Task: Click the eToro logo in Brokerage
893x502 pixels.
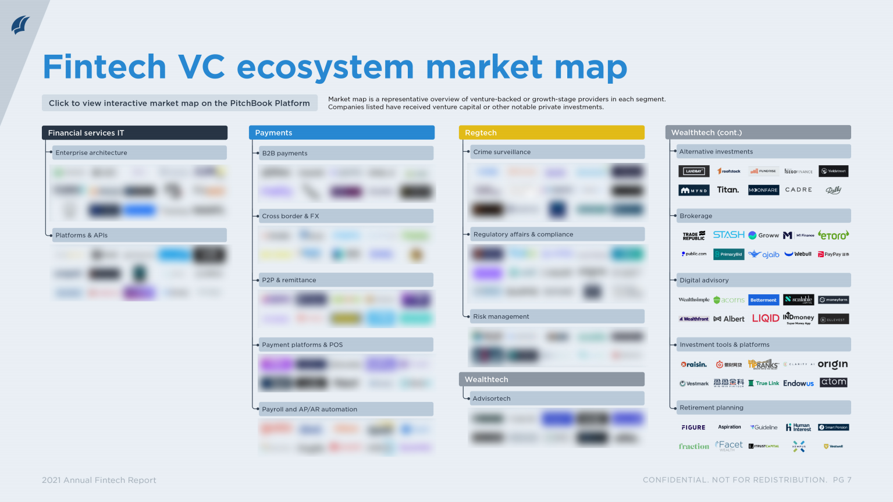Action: coord(833,235)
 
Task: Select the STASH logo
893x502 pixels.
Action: coord(728,234)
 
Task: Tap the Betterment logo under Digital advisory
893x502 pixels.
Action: coord(763,300)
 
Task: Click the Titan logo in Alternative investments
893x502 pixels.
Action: coord(728,190)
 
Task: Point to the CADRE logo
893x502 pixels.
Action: coord(798,190)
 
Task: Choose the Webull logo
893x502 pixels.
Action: coord(798,254)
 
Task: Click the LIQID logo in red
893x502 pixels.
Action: coord(765,318)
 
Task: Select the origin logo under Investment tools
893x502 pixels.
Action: coord(832,364)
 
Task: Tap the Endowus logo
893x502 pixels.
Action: coord(798,383)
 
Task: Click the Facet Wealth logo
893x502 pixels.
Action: coord(729,446)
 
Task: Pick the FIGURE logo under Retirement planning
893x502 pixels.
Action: coord(693,428)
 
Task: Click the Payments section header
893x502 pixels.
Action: coord(341,133)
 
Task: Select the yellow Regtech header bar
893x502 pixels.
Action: coord(551,133)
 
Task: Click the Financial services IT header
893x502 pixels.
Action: coord(134,133)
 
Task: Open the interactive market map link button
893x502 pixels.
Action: coord(179,103)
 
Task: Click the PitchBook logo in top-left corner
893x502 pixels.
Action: coord(20,25)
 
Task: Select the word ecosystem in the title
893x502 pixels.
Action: coord(325,67)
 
